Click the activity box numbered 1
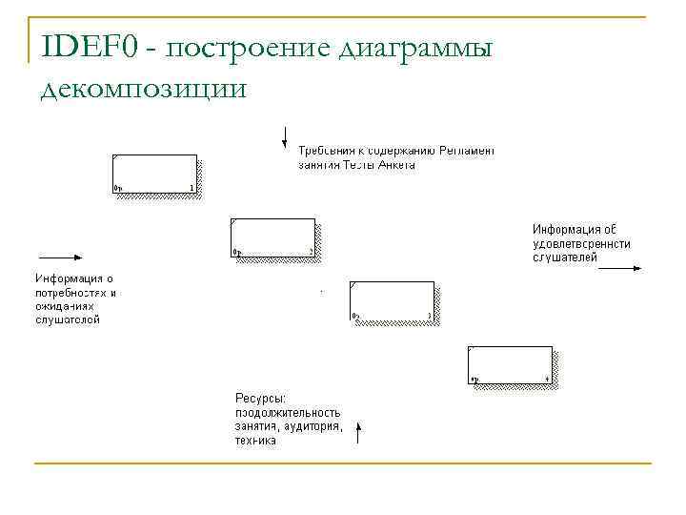pos(154,174)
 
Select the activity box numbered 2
pos(272,237)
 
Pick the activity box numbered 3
pos(392,300)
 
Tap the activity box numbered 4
pos(510,364)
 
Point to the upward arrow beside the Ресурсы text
pos(358,434)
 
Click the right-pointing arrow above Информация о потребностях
pos(60,257)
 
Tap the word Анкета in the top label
pos(395,164)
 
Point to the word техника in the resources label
pos(255,441)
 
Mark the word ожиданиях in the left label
pos(65,306)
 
